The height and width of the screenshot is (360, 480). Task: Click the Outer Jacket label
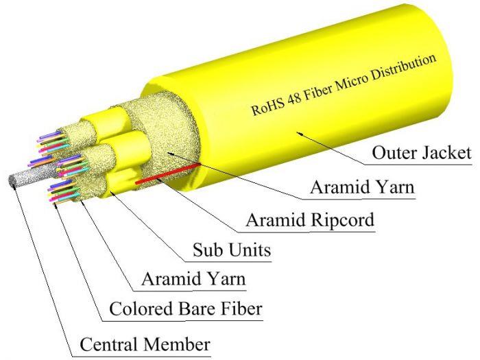click(421, 152)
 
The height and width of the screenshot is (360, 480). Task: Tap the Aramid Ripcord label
click(310, 220)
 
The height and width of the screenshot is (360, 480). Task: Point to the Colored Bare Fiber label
click(185, 309)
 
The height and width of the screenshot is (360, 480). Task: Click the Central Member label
click(145, 343)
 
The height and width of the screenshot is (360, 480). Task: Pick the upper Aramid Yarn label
click(362, 187)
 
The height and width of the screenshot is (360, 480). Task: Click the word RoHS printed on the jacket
click(267, 106)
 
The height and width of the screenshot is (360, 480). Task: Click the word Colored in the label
click(138, 309)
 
